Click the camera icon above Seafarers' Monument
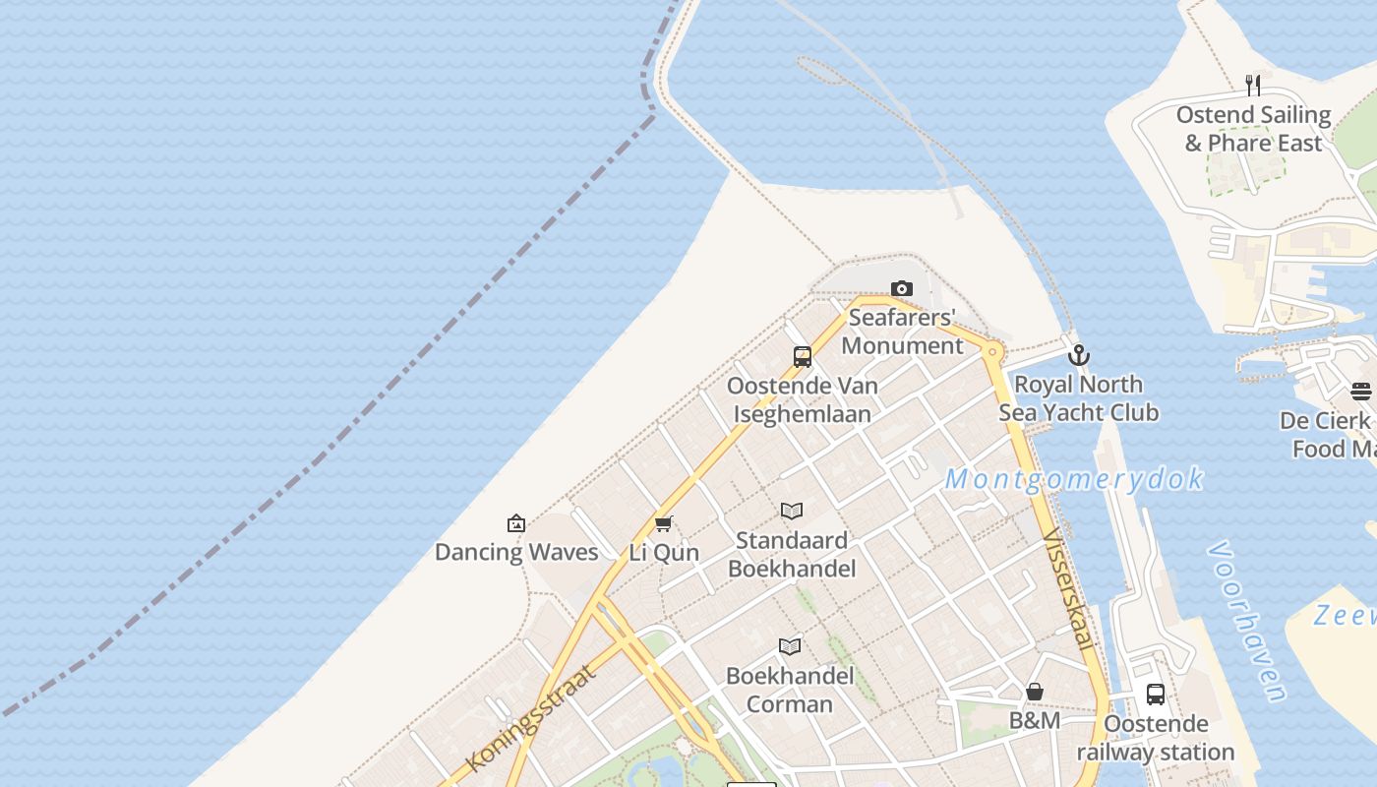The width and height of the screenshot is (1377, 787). [901, 288]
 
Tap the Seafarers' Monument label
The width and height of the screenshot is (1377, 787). [902, 332]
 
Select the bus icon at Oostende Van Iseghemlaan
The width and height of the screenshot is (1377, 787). [803, 357]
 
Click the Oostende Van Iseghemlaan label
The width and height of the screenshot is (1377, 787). [803, 399]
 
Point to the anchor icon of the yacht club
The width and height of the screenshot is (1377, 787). [1079, 355]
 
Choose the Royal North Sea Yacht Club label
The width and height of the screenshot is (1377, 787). [1079, 398]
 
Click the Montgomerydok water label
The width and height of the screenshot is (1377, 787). [1074, 479]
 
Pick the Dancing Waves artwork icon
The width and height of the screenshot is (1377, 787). [516, 523]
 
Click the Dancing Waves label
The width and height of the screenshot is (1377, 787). [516, 552]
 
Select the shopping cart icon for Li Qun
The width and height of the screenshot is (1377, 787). [664, 523]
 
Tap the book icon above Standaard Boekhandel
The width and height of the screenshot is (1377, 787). [792, 511]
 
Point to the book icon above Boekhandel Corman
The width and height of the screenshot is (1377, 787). [790, 646]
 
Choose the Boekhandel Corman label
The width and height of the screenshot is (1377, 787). [790, 690]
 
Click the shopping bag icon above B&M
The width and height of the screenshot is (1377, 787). [1035, 692]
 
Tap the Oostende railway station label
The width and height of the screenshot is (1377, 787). [1156, 738]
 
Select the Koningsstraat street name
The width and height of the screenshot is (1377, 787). [531, 717]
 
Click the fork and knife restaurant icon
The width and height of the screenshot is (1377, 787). [1253, 86]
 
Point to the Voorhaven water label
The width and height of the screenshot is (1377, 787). [1247, 622]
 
